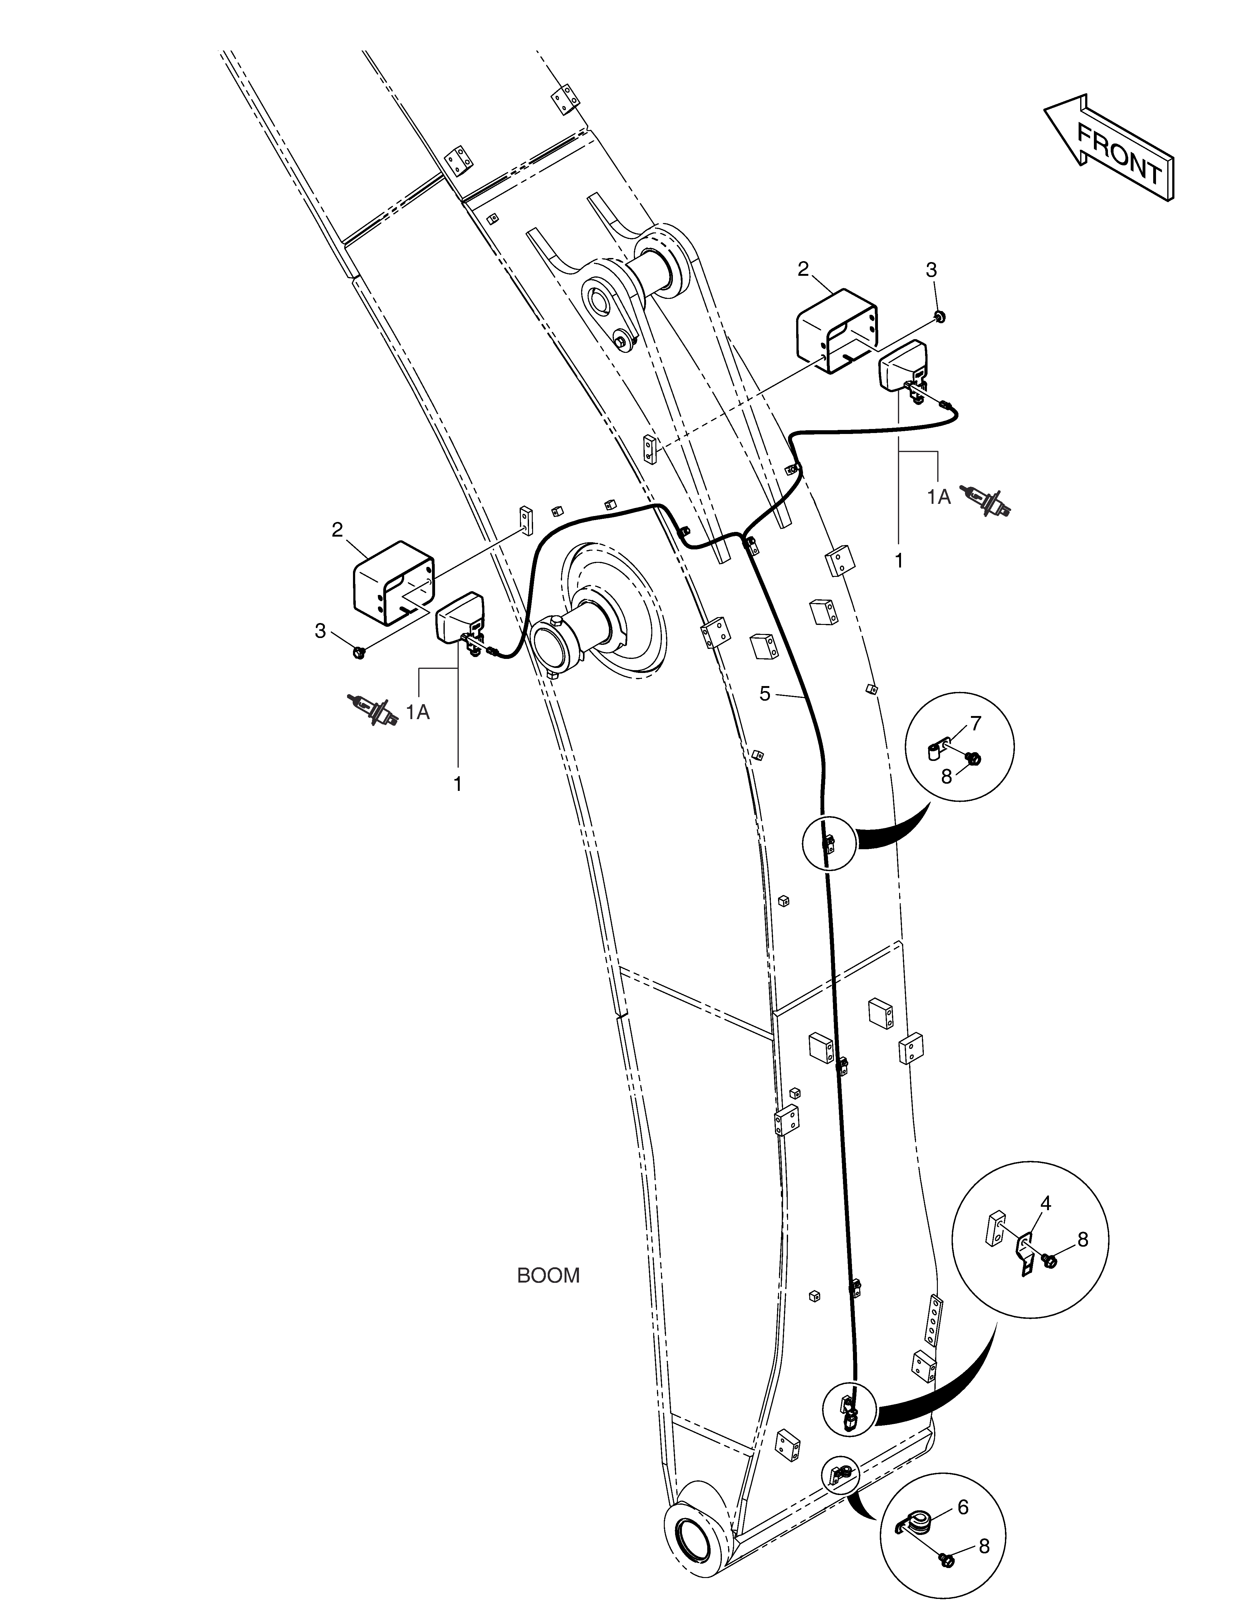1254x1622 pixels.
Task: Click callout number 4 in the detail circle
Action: [x=1045, y=1203]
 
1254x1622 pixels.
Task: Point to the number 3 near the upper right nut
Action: [x=932, y=270]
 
